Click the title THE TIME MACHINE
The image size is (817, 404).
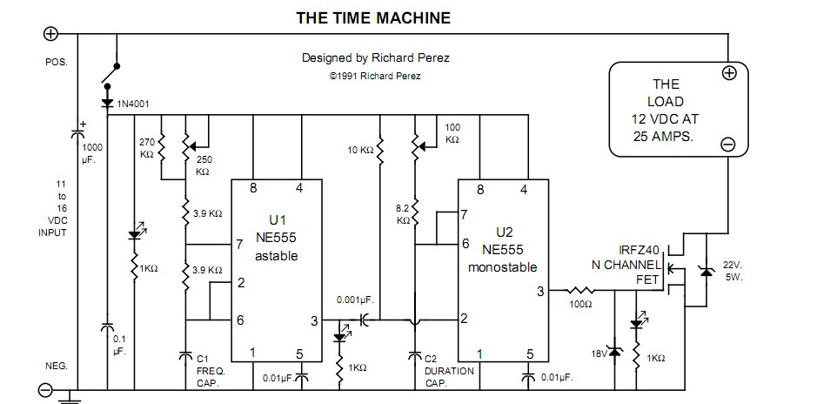coord(373,17)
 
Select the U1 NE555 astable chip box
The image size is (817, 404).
coord(275,270)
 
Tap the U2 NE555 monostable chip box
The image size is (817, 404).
coord(504,270)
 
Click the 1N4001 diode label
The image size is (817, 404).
coord(133,104)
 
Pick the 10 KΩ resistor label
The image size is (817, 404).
coord(361,149)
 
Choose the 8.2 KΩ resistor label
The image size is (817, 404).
coord(402,215)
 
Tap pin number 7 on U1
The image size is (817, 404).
coord(239,246)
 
